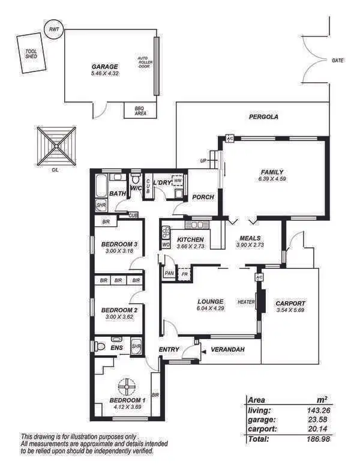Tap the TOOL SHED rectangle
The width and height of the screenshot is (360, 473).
coord(31,55)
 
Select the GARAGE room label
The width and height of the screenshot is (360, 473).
coord(104,67)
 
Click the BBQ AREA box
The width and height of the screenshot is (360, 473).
coord(140,110)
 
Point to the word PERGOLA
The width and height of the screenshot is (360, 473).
coord(263,117)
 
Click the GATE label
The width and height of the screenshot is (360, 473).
coord(337,60)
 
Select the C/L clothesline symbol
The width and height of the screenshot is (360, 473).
coord(56,146)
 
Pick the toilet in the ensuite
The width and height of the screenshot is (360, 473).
coord(100,347)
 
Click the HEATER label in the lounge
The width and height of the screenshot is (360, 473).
coord(246,302)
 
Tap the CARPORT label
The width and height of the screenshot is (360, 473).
coord(290,303)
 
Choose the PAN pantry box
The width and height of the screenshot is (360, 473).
coord(169,273)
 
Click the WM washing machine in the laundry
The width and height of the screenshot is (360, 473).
coord(178,180)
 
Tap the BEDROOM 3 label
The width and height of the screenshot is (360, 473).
coord(119,244)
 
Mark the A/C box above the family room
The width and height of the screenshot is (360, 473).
coord(230,139)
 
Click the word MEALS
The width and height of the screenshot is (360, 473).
coord(250,238)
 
